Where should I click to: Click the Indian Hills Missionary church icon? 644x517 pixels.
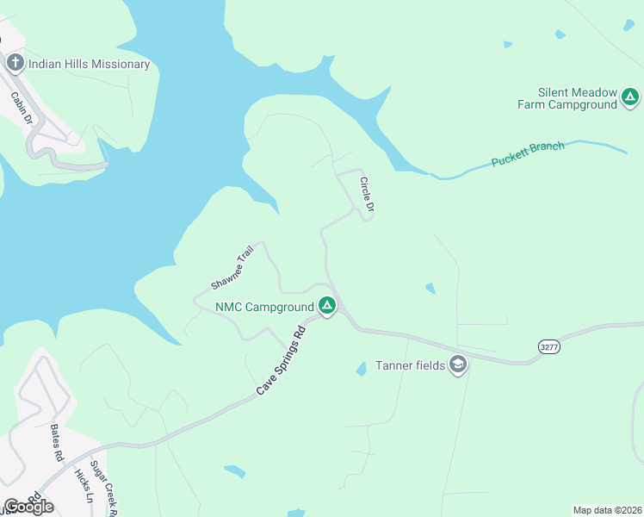15,63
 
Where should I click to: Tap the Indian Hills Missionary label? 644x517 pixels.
89,64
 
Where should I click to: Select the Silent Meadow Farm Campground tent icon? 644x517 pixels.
630,97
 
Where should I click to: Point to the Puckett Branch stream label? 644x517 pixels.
528,154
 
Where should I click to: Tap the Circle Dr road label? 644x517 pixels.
367,195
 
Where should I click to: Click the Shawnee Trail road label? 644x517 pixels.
232,268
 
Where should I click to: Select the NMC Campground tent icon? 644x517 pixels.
327,306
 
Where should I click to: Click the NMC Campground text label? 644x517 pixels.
264,307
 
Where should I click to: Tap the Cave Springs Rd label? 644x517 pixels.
282,361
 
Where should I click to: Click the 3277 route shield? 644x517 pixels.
548,346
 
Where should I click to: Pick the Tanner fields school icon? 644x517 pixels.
458,365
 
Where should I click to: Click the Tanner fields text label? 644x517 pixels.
410,365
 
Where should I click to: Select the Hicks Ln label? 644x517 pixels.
83,485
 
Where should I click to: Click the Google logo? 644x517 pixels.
28,507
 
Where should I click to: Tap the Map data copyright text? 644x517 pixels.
607,510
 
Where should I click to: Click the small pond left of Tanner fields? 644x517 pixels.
361,369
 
